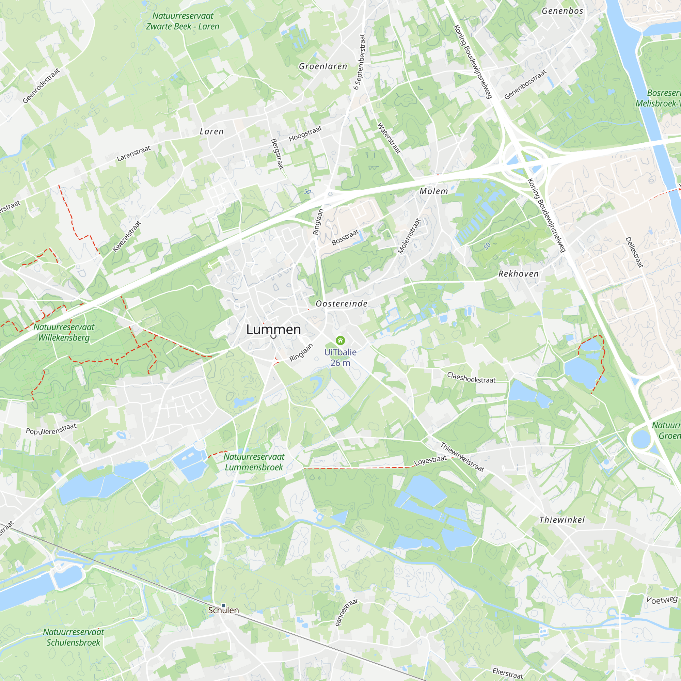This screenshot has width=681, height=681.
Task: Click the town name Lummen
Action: pos(273,330)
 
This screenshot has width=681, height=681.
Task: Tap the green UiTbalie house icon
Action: pos(340,340)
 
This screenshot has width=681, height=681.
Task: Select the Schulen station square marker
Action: pos(223,605)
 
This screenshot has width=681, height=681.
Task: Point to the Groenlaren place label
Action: pos(323,66)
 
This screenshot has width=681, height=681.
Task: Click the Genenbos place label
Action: pos(562,11)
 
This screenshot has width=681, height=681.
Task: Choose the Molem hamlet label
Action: pos(433,191)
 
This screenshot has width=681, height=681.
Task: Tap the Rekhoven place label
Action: pos(518,274)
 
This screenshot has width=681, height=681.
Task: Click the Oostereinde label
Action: pos(341,303)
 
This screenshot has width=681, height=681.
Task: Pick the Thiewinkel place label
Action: pos(562,520)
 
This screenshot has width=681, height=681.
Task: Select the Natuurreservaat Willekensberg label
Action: pos(64,332)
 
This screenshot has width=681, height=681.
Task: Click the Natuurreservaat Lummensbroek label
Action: pos(254,462)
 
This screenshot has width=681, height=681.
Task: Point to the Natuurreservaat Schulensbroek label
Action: pos(73,637)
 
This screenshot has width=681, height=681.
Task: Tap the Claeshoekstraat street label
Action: pos(471,378)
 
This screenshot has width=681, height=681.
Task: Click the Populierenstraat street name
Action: pos(51,429)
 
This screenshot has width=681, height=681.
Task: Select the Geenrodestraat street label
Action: pos(41,86)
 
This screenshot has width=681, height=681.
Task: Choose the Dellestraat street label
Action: pos(634,252)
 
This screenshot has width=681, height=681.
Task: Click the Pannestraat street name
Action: pos(346,612)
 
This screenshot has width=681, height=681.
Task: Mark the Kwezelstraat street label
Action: pos(127,236)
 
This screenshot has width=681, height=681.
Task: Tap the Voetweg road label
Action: pos(662,599)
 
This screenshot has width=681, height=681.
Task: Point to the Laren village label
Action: pos(211,131)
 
